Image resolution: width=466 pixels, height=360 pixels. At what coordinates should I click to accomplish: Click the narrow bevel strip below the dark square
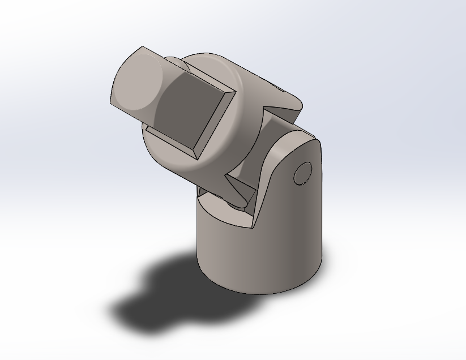click(170, 141)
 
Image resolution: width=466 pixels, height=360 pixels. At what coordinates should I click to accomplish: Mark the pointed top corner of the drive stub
click(142, 48)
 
